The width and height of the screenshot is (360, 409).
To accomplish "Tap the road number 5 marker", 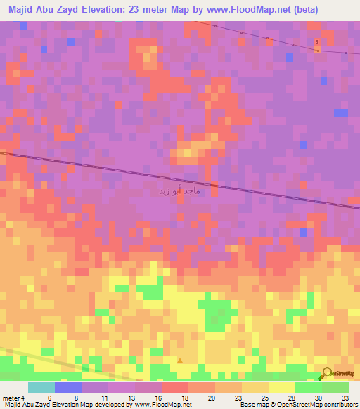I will coord(317,42).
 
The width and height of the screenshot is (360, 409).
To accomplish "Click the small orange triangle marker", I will coord(180,360).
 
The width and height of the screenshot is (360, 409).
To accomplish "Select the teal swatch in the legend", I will coord(41,387).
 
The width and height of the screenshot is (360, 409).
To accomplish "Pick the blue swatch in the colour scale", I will coord(68,387).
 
